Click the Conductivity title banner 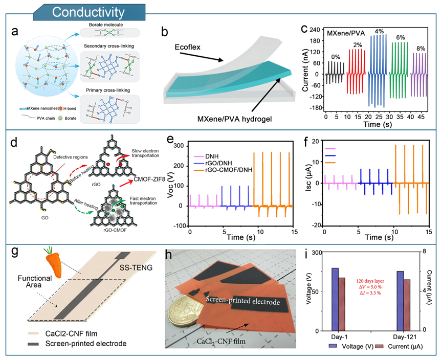(x=88, y=11)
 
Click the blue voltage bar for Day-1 (x=335, y=299)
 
